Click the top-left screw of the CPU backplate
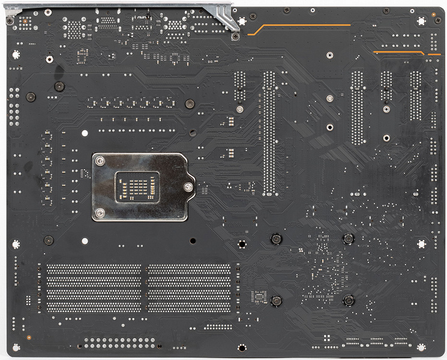101,161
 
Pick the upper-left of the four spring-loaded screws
275,239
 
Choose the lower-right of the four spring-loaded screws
347,300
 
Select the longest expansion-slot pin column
269,133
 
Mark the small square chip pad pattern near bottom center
259,296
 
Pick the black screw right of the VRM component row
188,103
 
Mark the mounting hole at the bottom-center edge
241,347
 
